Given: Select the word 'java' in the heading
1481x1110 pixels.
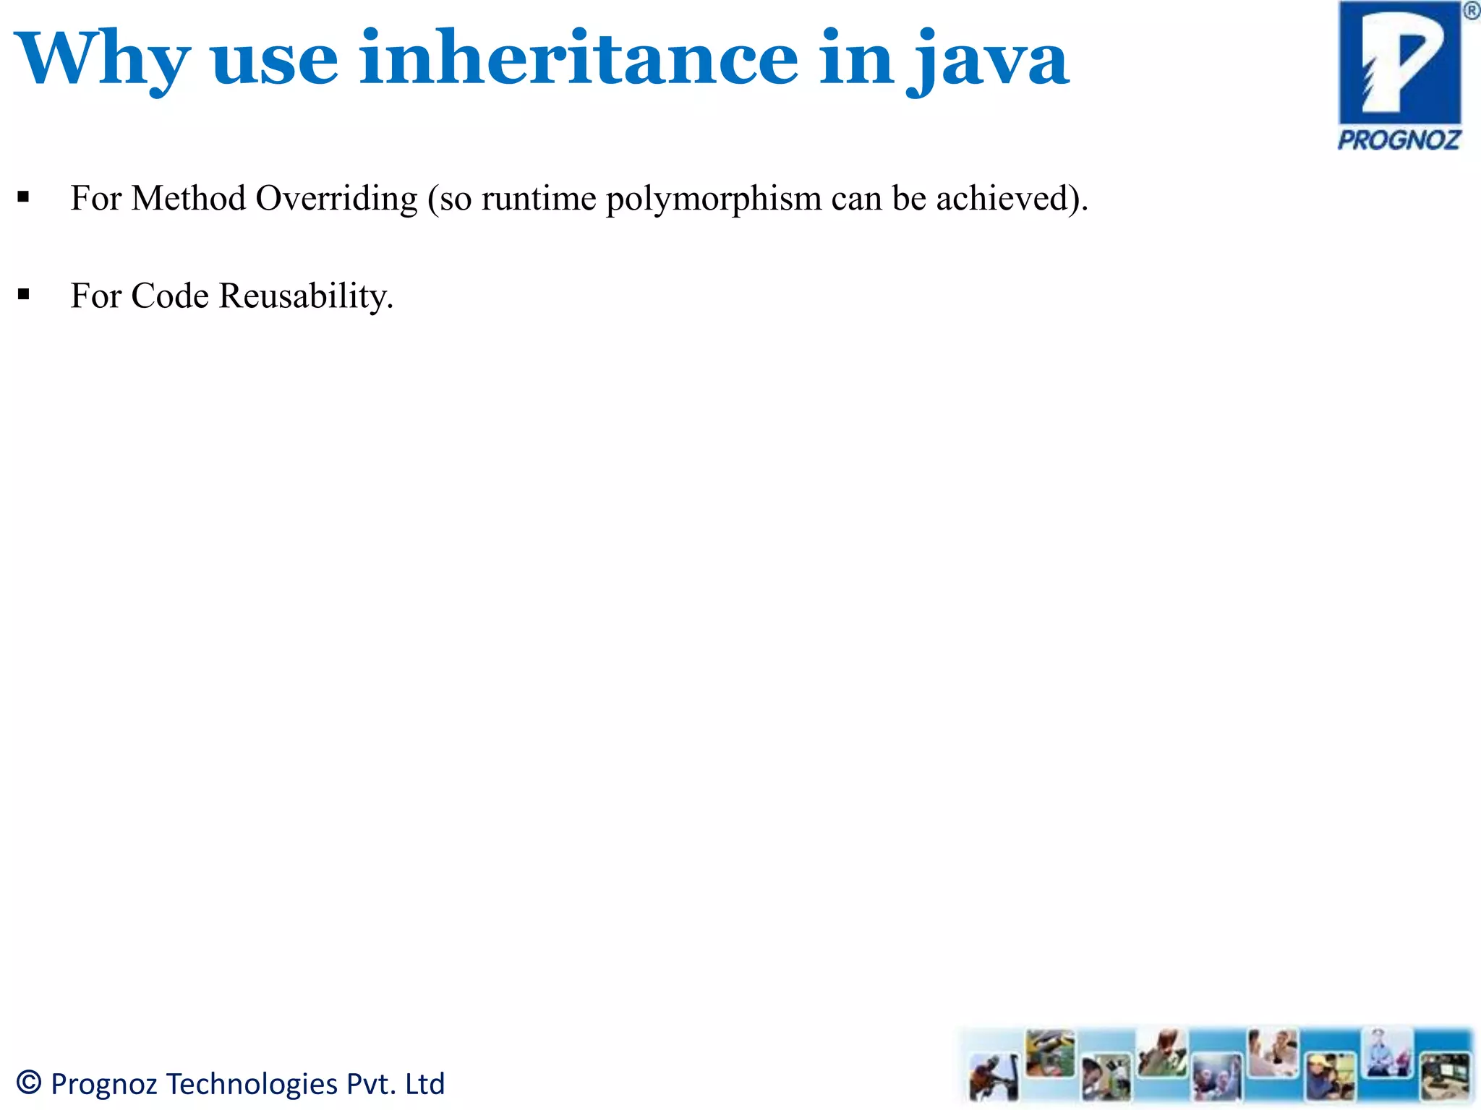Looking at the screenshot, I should (x=988, y=61).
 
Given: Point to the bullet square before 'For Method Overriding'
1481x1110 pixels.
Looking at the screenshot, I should (x=24, y=197).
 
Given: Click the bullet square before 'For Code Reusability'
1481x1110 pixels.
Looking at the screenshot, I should (x=24, y=294).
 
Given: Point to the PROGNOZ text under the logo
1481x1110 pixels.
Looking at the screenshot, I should (x=1399, y=139).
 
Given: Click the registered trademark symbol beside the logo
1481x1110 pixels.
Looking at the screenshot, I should (x=1471, y=11).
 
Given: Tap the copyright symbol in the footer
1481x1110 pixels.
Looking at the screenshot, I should (x=29, y=1082).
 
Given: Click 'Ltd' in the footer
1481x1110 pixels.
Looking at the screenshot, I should (x=424, y=1083).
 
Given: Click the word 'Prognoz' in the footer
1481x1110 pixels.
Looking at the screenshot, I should (x=104, y=1084).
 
